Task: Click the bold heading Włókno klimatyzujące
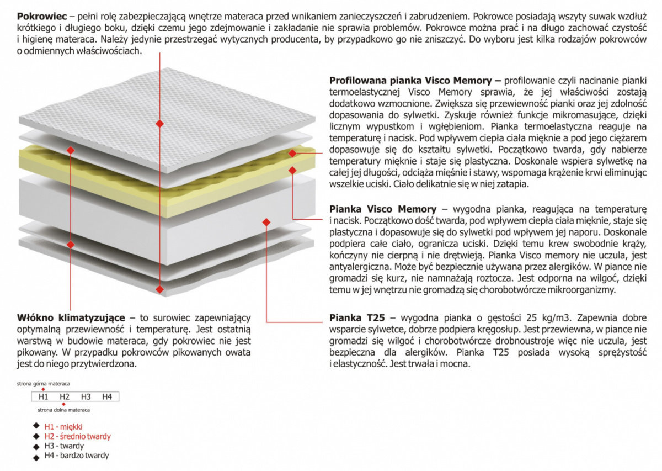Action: click(x=71, y=317)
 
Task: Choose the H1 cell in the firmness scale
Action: click(x=43, y=397)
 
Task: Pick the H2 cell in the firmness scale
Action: click(x=64, y=397)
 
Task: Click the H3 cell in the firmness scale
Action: click(x=86, y=397)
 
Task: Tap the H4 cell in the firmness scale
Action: click(x=107, y=397)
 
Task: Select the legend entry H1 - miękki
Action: click(x=63, y=426)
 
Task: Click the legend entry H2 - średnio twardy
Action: click(x=77, y=436)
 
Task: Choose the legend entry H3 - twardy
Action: click(x=64, y=446)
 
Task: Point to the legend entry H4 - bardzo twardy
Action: click(x=77, y=456)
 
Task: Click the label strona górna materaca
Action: click(x=43, y=384)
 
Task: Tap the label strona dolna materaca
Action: click(x=64, y=410)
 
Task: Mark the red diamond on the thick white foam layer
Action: click(x=266, y=221)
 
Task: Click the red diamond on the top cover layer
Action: click(x=159, y=124)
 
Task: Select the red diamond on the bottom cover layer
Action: click(x=159, y=288)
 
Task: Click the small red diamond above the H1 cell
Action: click(x=44, y=389)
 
